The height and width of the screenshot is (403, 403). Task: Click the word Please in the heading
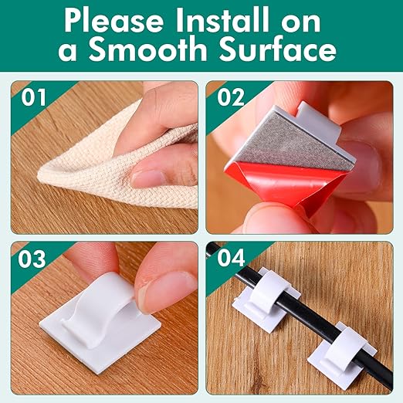pos(113,21)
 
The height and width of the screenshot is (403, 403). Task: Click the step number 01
pos(33,97)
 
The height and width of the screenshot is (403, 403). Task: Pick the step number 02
pos(231,97)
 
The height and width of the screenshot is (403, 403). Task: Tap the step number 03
pos(32,259)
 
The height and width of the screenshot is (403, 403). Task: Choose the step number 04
pos(231,258)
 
